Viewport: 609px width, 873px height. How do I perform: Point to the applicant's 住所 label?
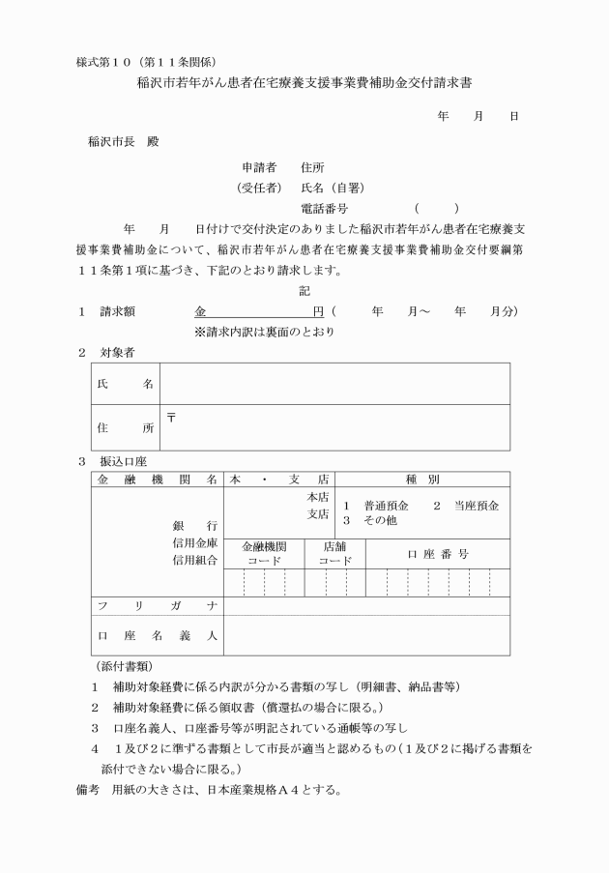[x=312, y=166]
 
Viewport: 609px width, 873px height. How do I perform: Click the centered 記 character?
[x=304, y=290]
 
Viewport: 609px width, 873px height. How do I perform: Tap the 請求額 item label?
[x=122, y=311]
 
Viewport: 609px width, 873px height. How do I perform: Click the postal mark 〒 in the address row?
[x=171, y=417]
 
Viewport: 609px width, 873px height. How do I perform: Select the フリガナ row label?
[x=157, y=606]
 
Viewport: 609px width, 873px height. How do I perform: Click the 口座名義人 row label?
[x=157, y=635]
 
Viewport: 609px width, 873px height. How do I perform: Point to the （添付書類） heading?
[x=125, y=667]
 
